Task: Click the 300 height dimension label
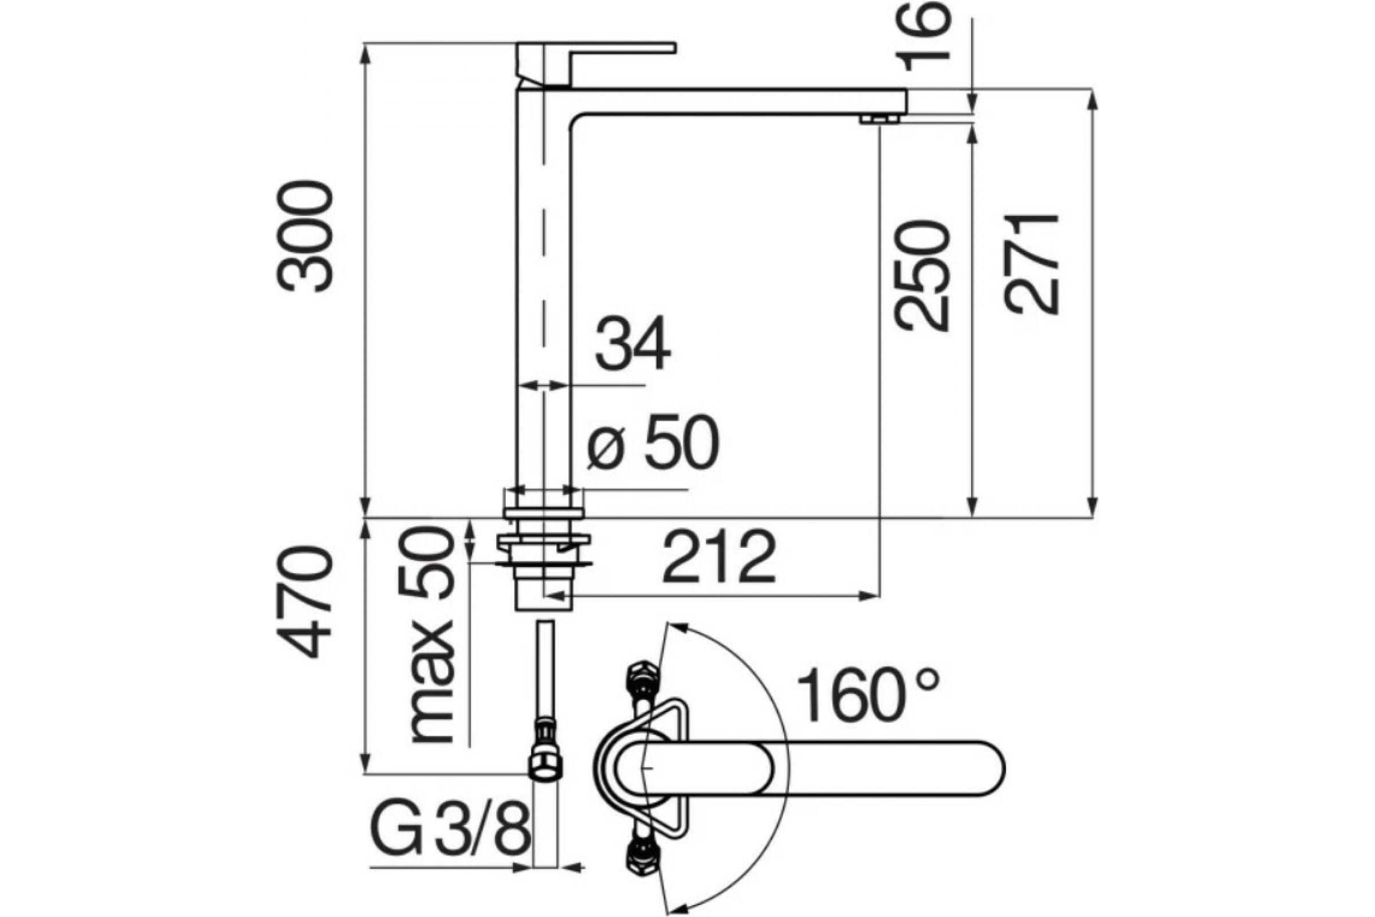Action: [x=305, y=236]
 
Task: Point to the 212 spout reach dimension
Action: [x=720, y=557]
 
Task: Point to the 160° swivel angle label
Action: [x=869, y=694]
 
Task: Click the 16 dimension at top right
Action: [x=922, y=36]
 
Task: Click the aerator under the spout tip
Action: [x=880, y=119]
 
